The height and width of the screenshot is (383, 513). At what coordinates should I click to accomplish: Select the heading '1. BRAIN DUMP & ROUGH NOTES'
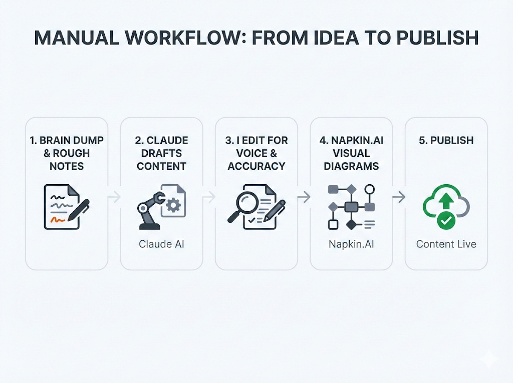(67, 153)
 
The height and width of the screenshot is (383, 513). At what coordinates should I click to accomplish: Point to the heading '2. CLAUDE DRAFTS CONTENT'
(161, 153)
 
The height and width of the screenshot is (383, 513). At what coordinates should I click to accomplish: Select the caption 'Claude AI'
(161, 244)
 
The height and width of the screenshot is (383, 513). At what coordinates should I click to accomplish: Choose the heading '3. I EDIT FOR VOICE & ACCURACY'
(256, 153)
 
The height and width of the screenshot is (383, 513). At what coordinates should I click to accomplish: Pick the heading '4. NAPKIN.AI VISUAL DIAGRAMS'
(351, 153)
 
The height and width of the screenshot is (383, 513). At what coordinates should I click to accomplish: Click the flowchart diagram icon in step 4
(351, 206)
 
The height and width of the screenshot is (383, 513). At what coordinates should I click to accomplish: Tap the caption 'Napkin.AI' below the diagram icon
(351, 244)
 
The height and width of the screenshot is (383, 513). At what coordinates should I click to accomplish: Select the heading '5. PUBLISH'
(446, 140)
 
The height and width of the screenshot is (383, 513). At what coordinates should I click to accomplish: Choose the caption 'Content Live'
(446, 244)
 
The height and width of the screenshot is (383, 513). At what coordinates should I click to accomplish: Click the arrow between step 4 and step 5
(398, 198)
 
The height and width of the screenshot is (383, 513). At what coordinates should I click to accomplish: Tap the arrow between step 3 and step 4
(304, 198)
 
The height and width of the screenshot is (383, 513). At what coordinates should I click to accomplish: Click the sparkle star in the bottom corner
(487, 359)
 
